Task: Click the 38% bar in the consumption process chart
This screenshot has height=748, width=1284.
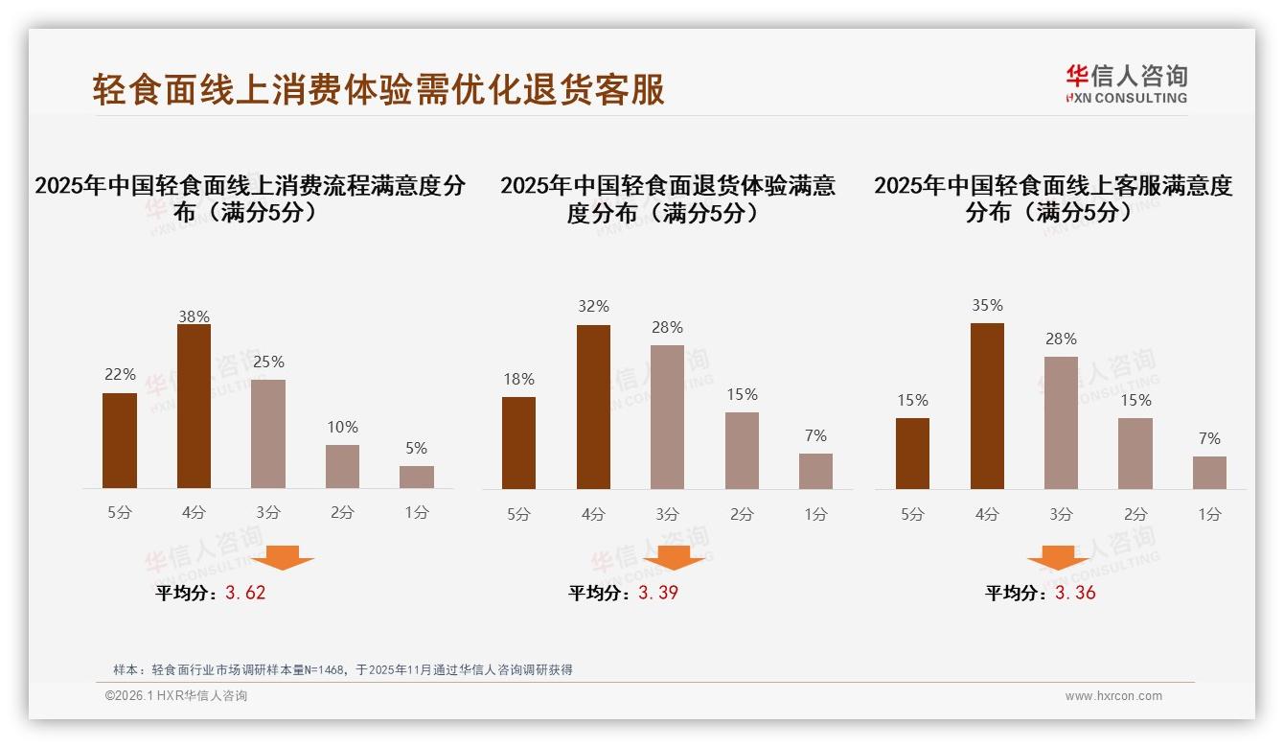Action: coord(194,407)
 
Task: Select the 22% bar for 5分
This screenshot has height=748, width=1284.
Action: coord(120,440)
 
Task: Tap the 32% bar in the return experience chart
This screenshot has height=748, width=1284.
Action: coord(593,407)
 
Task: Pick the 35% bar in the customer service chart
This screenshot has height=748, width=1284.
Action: coord(987,406)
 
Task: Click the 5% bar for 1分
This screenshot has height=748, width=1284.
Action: coord(417,477)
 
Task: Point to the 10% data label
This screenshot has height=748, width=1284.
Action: coord(342,427)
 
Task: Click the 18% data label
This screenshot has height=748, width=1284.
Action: coord(518,379)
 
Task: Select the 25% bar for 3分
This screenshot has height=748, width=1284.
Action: coord(268,433)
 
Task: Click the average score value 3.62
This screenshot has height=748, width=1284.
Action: coord(245,593)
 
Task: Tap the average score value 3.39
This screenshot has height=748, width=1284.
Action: coord(658,593)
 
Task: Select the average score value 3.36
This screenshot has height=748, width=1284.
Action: coord(1075,593)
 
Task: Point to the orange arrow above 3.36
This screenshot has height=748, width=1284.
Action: coord(1058,557)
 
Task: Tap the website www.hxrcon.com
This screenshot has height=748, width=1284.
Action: coord(1113,696)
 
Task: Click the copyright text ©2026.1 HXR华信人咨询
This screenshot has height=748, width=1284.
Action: coord(176,696)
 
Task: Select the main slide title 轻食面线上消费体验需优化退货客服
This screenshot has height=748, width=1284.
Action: coord(378,89)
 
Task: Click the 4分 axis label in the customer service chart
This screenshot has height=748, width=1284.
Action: coord(987,514)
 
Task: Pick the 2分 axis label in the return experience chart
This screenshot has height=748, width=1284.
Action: coord(742,514)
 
